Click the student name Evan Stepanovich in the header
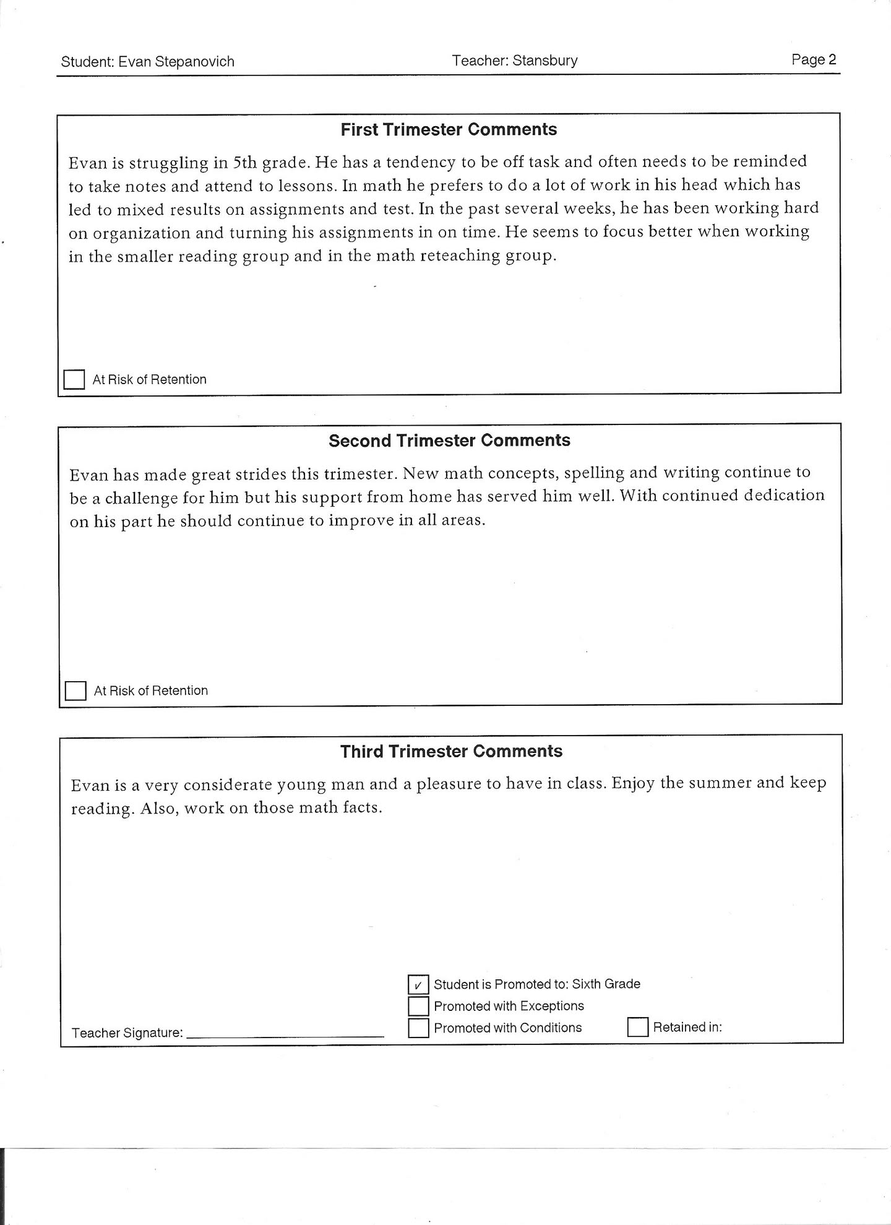(176, 62)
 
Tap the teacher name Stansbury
(544, 61)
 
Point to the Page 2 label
(813, 59)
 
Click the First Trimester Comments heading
(449, 130)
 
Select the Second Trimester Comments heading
(449, 441)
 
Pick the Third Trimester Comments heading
(451, 752)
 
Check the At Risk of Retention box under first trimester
(74, 379)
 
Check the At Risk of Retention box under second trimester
(75, 690)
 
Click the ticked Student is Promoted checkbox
(418, 984)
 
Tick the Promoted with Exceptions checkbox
(418, 1006)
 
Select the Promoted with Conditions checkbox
(418, 1028)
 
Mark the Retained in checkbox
(637, 1027)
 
